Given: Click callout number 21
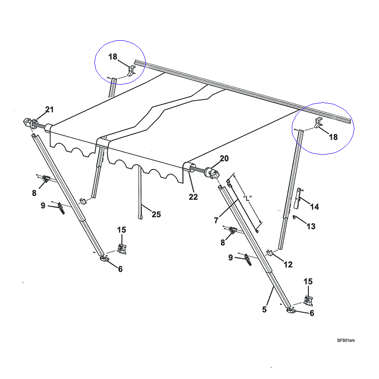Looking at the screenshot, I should pos(49,110).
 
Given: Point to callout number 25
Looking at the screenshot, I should pos(156,215).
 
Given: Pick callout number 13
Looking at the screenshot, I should pos(310,226).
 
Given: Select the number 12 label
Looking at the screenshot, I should pos(288,265).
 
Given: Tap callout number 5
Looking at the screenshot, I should pos(264,309).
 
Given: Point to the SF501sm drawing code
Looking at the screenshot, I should pos(346,340).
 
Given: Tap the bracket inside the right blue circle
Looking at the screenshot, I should pos(317,124).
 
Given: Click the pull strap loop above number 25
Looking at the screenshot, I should pos(140,216).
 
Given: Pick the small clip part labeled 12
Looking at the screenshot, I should pos(271,253).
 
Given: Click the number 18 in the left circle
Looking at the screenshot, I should pos(113,56).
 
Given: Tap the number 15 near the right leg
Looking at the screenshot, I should pos(308,281).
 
